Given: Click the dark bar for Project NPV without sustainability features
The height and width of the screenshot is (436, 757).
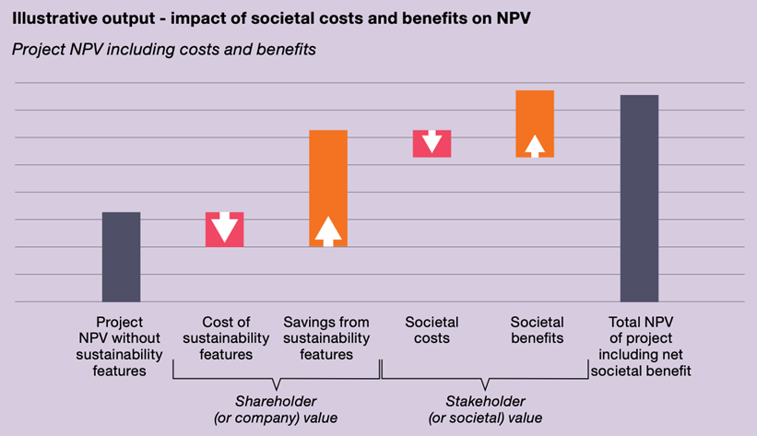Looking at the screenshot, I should pos(121,256).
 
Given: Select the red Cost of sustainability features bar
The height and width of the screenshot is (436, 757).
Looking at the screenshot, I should pos(224,230).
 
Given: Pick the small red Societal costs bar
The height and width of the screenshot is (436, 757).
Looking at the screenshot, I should pos(432,144).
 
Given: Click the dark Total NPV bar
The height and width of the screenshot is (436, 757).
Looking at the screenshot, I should pos(639,198).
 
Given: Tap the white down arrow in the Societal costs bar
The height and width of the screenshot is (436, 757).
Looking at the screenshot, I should pos(432,142).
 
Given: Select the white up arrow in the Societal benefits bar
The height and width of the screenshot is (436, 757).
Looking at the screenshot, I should pos(535,146).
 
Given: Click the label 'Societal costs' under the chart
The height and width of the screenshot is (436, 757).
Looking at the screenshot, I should pos(432,330).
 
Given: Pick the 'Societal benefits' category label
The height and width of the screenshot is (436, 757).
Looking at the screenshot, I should pos(537,330).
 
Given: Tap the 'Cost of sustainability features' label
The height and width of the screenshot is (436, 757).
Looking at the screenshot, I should pos(226,338).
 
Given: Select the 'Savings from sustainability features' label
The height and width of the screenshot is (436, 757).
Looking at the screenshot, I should pos(326,338).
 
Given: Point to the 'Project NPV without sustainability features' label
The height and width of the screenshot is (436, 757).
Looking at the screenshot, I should pos(120,347).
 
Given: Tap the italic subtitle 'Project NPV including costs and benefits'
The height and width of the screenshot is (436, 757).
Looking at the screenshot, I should pos(163,49).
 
